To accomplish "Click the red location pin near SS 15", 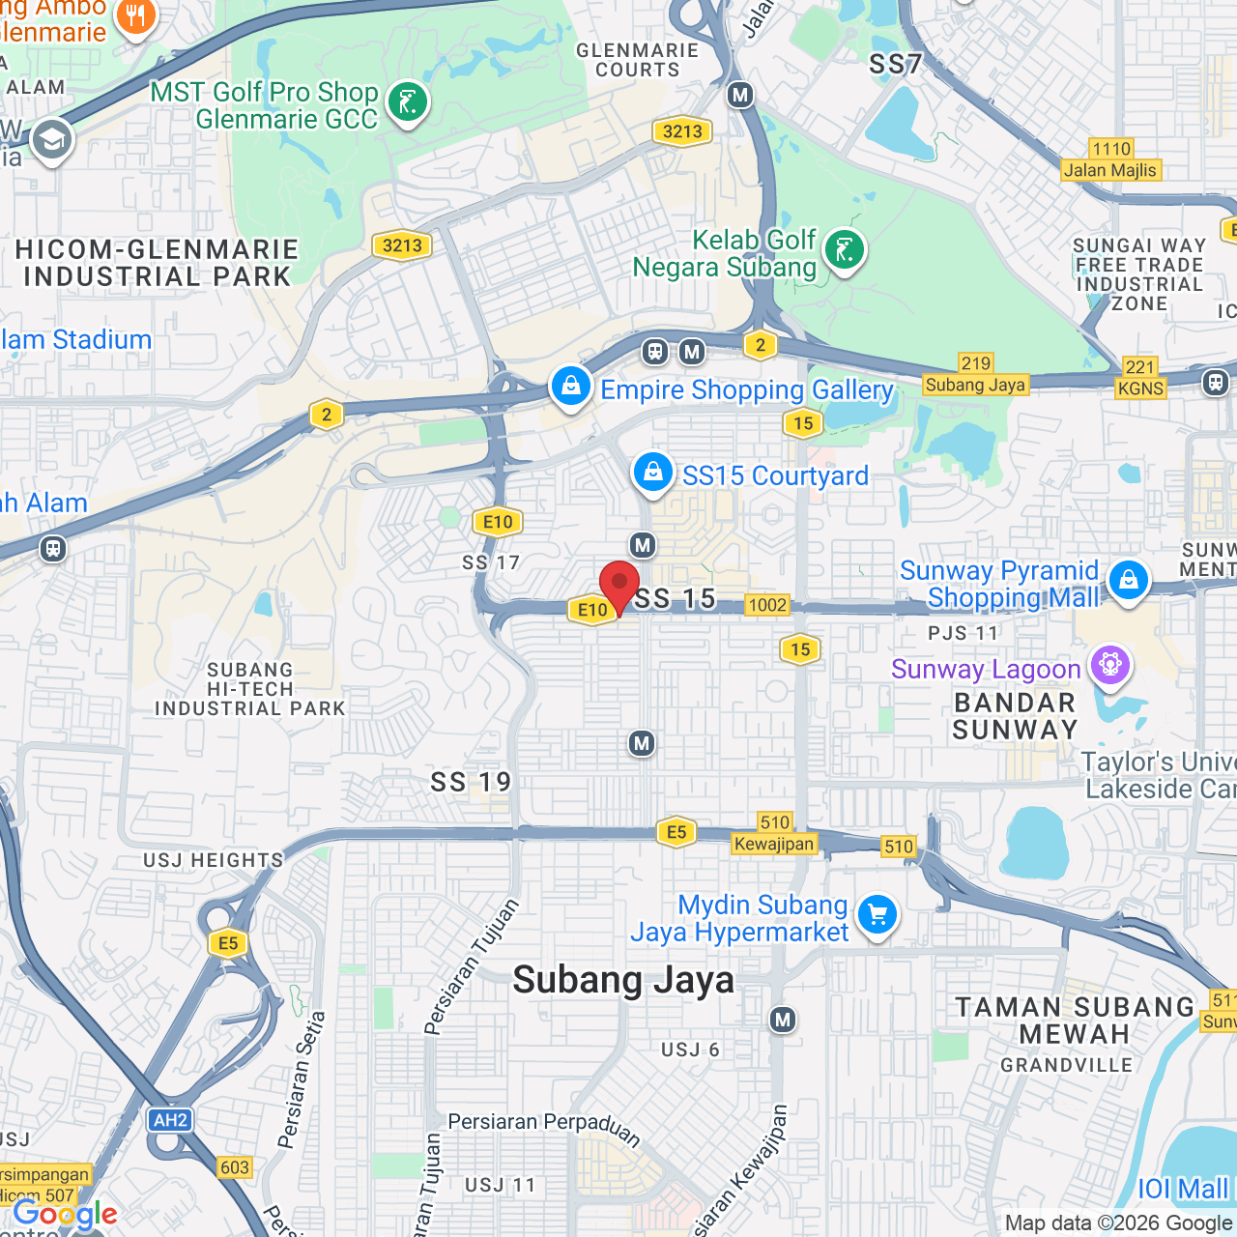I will click(619, 585).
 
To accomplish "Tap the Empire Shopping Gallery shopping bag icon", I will click(571, 386).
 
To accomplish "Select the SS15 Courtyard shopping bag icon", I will click(653, 473).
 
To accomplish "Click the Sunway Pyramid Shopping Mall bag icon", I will click(1128, 580).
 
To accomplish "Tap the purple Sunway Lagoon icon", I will click(1110, 665).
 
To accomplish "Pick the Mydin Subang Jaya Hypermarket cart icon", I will click(877, 913).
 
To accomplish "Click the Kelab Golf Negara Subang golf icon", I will click(844, 250).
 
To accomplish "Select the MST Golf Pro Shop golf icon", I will click(407, 101).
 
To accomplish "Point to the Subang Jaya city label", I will click(623, 980).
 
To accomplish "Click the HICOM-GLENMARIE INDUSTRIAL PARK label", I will click(157, 263).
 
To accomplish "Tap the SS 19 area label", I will click(471, 782).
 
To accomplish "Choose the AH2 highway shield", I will click(171, 1120).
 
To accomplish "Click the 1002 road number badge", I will click(767, 605).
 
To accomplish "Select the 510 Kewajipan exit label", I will click(774, 834).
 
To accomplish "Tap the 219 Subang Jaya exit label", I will click(975, 375).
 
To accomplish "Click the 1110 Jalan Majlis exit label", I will click(1110, 160).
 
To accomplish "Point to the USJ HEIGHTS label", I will click(214, 860).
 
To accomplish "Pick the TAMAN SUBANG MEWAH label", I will click(1075, 1021).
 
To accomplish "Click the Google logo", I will click(65, 1214).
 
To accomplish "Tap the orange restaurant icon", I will click(135, 16).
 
